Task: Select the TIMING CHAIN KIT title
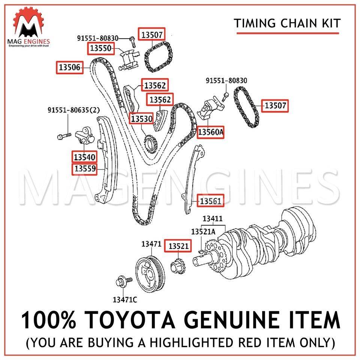pos(288,24)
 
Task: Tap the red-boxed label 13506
pos(70,67)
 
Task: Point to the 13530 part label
pos(141,119)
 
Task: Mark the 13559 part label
pos(84,169)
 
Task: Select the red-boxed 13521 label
pos(178,246)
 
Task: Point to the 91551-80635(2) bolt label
pos(69,110)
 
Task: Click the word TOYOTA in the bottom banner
pos(147,322)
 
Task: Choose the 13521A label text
pos(203,232)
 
